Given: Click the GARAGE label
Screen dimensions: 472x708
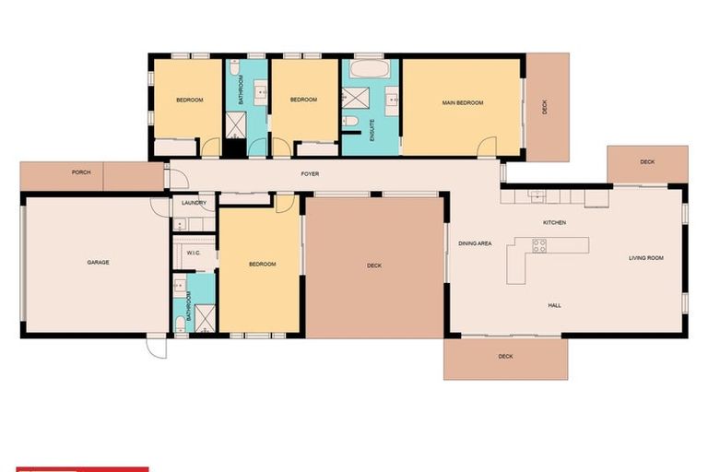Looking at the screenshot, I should [98, 263].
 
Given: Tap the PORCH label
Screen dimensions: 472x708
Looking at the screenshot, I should [81, 172].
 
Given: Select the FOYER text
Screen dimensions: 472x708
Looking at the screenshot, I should [310, 173].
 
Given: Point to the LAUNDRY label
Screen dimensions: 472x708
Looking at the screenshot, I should [193, 203].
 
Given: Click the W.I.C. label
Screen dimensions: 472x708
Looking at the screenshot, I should [194, 253].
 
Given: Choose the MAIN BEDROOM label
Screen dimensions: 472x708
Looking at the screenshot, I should [462, 103].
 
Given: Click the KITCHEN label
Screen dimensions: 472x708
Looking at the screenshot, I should [554, 223].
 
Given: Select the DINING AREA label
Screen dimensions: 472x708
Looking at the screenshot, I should [475, 243].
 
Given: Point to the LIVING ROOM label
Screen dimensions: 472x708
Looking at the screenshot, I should [646, 258].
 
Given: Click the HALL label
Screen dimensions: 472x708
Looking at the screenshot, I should [554, 305].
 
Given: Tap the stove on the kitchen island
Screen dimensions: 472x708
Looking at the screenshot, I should [539, 245].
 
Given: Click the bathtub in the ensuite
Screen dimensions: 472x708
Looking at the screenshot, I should [370, 70].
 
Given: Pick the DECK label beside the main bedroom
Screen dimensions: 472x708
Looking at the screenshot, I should [545, 107].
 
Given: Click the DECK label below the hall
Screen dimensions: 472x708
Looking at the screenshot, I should [505, 357].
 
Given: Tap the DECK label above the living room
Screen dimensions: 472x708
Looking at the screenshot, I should [647, 162].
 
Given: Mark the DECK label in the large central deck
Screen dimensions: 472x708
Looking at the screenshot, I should [374, 265].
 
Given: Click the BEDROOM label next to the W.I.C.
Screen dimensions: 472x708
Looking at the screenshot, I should [262, 265].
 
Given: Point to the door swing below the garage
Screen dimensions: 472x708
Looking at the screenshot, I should [157, 348].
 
